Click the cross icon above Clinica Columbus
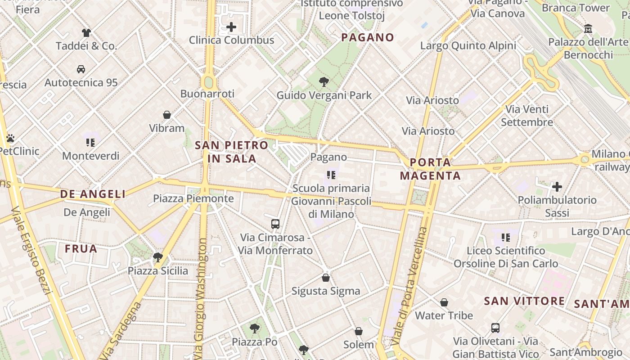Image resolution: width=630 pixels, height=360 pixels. pyautogui.click(x=231, y=27)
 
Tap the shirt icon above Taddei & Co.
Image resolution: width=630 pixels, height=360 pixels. pyautogui.click(x=86, y=32)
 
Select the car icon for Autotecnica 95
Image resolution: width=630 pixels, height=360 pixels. pyautogui.click(x=81, y=69)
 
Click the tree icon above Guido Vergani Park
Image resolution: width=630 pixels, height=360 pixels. pyautogui.click(x=324, y=82)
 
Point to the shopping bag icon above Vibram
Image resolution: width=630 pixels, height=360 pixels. pyautogui.click(x=167, y=115)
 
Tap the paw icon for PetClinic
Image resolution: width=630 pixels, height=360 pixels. pyautogui.click(x=10, y=138)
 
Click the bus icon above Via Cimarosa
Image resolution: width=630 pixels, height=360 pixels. pyautogui.click(x=275, y=224)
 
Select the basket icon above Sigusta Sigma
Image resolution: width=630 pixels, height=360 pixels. pyautogui.click(x=326, y=278)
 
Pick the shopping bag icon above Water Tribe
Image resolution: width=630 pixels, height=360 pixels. pyautogui.click(x=444, y=302)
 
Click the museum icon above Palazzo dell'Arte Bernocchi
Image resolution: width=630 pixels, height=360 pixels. pyautogui.click(x=588, y=29)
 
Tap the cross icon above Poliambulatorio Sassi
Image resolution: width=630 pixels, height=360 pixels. pyautogui.click(x=557, y=187)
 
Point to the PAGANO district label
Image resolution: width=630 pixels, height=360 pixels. pyautogui.click(x=368, y=37)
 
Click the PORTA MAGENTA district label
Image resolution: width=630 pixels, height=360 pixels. pyautogui.click(x=431, y=169)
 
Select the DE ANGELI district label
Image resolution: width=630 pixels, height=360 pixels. pyautogui.click(x=93, y=194)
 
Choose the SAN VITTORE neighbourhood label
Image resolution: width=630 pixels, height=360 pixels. pyautogui.click(x=524, y=301)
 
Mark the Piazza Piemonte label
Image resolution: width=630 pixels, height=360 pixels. pyautogui.click(x=193, y=198)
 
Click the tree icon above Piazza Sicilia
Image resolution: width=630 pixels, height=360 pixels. pyautogui.click(x=158, y=257)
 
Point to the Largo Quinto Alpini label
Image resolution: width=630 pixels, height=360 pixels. pyautogui.click(x=468, y=45)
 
